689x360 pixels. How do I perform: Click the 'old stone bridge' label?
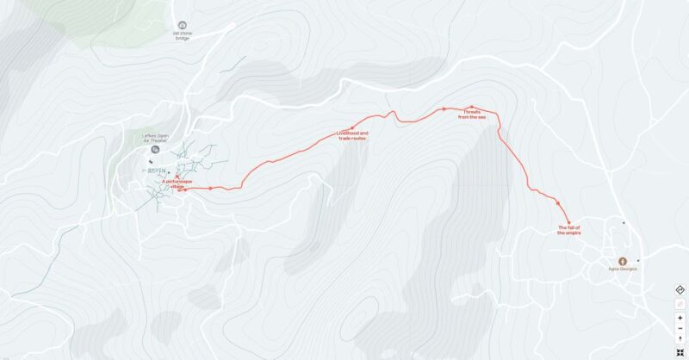point(183,36)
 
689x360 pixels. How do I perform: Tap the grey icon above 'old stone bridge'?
point(182,26)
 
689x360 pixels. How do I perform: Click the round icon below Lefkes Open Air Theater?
point(156,150)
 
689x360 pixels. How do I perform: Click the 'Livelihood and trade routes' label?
point(352,135)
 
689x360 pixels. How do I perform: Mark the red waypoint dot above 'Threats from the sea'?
point(472,107)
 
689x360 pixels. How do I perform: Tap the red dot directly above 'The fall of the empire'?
point(569,221)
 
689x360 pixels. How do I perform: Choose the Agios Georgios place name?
point(623,269)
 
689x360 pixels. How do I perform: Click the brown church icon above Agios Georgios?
point(623,260)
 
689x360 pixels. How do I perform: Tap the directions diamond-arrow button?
point(680,289)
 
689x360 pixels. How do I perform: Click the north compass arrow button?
point(680,339)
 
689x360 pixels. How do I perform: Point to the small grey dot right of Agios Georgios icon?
point(638,260)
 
